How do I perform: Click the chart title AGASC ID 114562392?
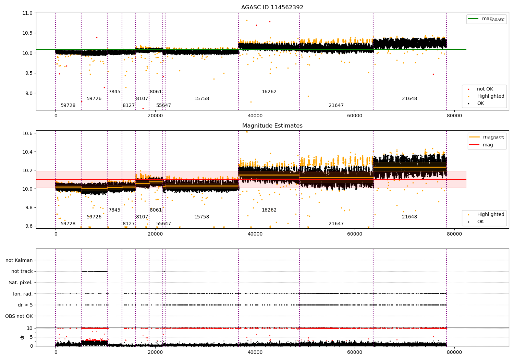pos(272,8)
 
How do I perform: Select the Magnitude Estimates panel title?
pos(272,126)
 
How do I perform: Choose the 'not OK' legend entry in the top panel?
pos(485,89)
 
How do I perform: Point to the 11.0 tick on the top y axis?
pos(28,13)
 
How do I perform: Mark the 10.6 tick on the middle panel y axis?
pos(28,133)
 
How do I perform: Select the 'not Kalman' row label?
pos(19,260)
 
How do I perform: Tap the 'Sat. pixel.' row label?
pos(21,283)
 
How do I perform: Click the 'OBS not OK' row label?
pos(19,316)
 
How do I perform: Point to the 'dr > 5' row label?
pos(25,305)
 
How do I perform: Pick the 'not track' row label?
pos(22,271)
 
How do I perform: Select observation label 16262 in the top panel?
pos(269,92)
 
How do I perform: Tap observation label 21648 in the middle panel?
pos(409,217)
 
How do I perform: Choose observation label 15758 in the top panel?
pos(201,99)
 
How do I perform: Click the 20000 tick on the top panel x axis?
pos(155,116)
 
